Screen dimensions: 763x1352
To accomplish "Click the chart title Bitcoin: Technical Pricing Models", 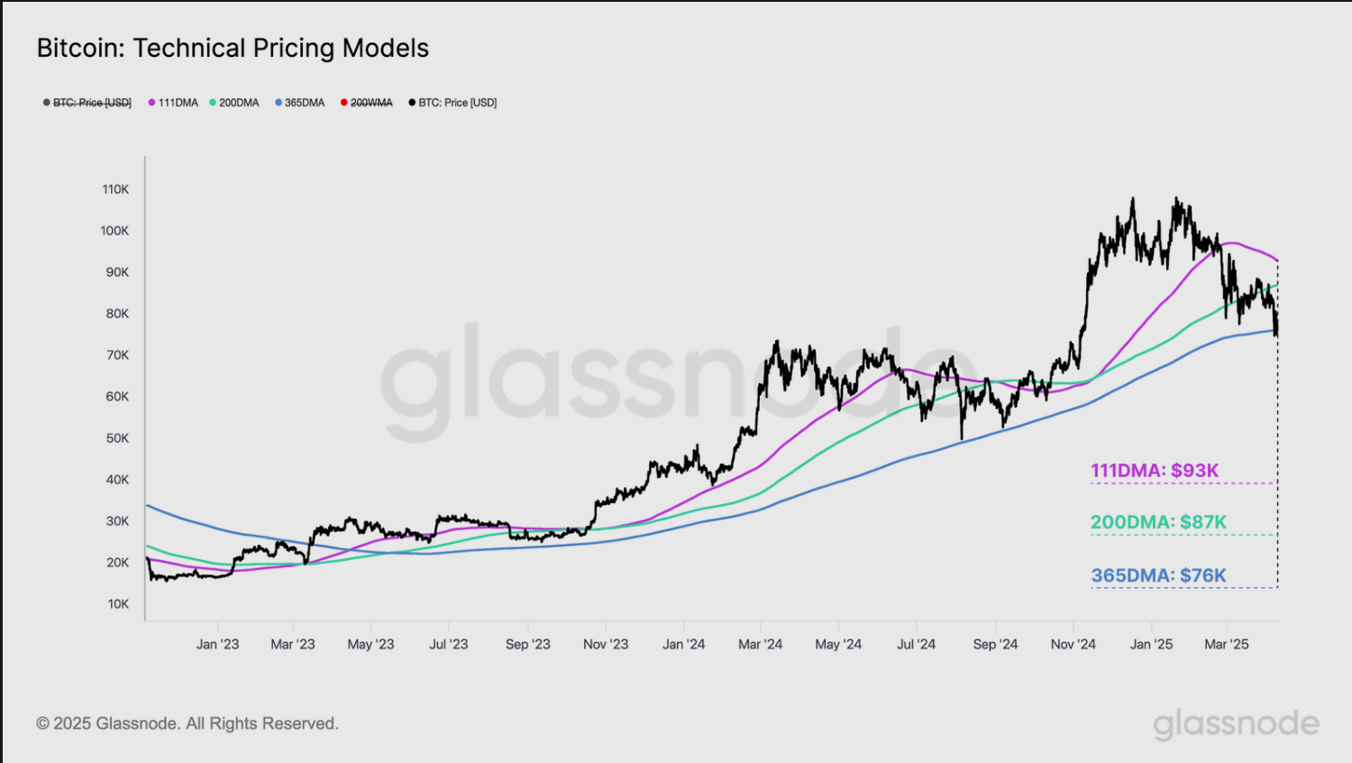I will click(x=233, y=48).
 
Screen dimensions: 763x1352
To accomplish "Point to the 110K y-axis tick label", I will click(x=115, y=189).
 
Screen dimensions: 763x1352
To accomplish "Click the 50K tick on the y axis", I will click(x=117, y=438).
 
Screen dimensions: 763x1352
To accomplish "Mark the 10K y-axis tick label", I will click(x=118, y=604).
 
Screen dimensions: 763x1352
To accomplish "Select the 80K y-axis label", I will click(x=117, y=314).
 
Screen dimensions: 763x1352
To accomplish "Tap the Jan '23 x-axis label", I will click(x=217, y=644).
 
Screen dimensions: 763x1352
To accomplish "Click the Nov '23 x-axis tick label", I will click(x=606, y=644).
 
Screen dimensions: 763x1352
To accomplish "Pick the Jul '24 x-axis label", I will click(x=916, y=644).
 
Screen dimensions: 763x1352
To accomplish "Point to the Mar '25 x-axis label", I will click(x=1227, y=644).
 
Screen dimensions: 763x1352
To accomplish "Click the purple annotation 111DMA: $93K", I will click(x=1155, y=471).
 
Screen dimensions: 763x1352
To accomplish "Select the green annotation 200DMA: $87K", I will click(x=1158, y=522).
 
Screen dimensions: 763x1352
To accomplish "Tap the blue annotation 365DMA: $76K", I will click(x=1158, y=575).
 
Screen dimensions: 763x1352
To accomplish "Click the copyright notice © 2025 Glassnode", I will click(x=187, y=723).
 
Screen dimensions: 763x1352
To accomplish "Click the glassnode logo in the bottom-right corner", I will click(x=1236, y=723).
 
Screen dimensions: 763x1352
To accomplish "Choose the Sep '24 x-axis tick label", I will click(x=995, y=644).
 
